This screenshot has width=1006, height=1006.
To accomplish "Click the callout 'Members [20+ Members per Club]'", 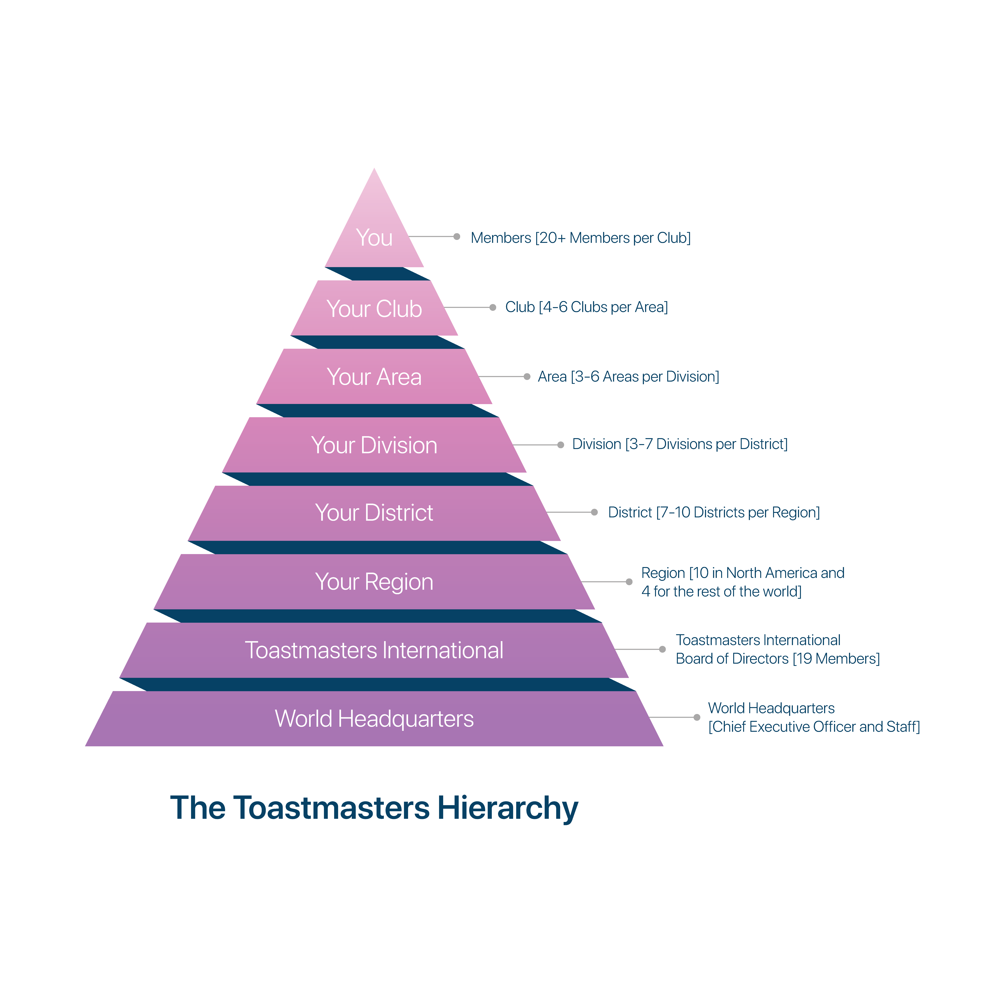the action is tap(581, 238).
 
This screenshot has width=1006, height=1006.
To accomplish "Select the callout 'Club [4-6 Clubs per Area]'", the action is tap(586, 307).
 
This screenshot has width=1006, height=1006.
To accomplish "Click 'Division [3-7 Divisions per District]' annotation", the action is tap(680, 444).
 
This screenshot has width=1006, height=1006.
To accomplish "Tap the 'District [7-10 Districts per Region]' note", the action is tap(714, 512).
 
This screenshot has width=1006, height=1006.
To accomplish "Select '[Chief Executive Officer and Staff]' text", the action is tap(814, 727).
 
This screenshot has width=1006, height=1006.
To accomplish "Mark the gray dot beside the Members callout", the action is tap(457, 236).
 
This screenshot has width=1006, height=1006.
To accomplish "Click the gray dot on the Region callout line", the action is tap(629, 582).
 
